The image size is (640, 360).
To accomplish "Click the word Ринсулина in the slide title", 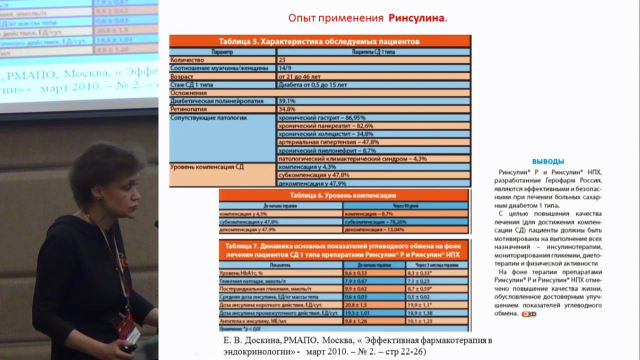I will click(x=416, y=18).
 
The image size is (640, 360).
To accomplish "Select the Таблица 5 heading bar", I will click(x=319, y=41).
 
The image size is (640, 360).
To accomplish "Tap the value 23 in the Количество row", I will click(x=282, y=59).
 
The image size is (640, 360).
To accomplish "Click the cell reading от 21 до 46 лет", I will click(x=299, y=76).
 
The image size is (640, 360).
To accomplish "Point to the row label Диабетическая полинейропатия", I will click(x=216, y=101).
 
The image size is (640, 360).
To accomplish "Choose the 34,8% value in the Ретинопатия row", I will click(x=287, y=109).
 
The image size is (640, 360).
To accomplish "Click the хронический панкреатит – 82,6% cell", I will click(x=325, y=126).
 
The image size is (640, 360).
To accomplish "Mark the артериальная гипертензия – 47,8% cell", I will click(x=328, y=142).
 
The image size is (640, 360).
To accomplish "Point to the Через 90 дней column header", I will click(x=405, y=205).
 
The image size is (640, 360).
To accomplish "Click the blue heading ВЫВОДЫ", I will click(x=548, y=161).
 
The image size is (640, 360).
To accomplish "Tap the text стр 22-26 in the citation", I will click(x=405, y=352).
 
